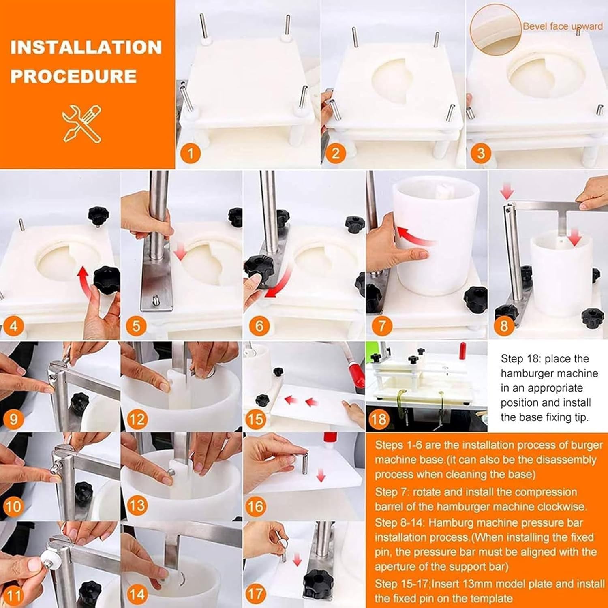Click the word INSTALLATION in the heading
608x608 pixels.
point(86,47)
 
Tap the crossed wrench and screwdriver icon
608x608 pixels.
point(82,123)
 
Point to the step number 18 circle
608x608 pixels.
point(378,418)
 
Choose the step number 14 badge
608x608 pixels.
point(137,594)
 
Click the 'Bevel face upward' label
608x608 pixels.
point(563,26)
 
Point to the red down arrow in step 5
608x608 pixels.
point(180,250)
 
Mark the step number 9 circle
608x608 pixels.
point(13,418)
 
